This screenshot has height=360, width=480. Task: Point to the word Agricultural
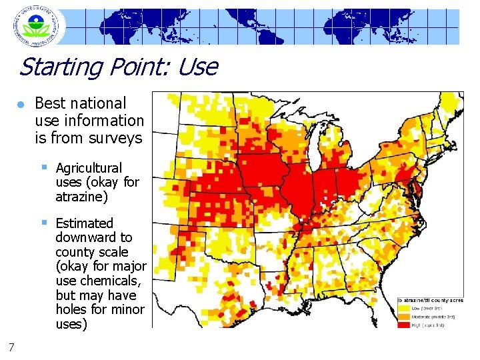(x=89, y=168)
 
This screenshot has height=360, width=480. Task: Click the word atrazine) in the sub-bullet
(x=82, y=197)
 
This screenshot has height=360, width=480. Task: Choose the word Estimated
(x=85, y=223)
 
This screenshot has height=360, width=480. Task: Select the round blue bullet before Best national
(x=21, y=105)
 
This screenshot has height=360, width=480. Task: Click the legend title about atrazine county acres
(x=430, y=301)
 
